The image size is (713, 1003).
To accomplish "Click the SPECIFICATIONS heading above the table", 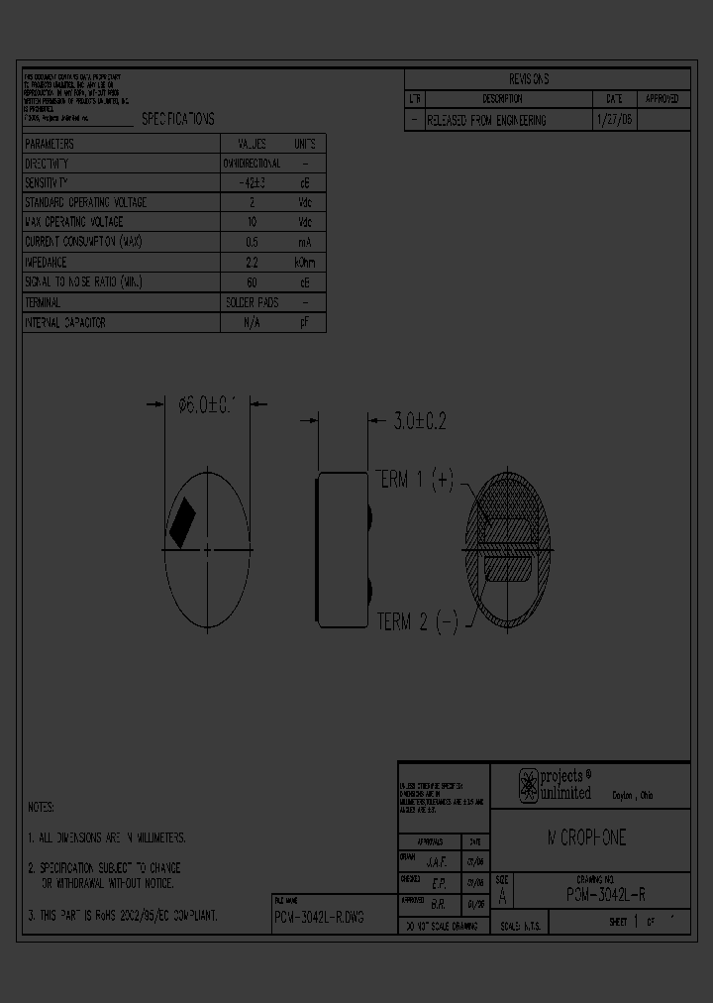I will click(x=177, y=119).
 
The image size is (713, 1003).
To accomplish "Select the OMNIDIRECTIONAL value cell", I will click(x=252, y=164).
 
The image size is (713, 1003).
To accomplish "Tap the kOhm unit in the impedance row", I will click(x=305, y=263).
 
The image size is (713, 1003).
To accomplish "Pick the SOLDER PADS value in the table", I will click(x=253, y=302).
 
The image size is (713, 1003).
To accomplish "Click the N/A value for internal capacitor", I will click(x=252, y=323).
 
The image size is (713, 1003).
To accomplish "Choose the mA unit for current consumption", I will click(x=305, y=243).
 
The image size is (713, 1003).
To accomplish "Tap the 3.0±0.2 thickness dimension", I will click(x=420, y=421).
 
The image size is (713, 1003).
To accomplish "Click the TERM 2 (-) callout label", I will click(x=417, y=621).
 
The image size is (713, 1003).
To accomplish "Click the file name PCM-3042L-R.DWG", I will click(x=319, y=918).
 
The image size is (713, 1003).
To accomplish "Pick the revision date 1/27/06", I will click(x=614, y=120).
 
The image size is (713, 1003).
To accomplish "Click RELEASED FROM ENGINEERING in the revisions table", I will click(x=486, y=120).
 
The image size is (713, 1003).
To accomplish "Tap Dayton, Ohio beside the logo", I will click(x=632, y=796).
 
